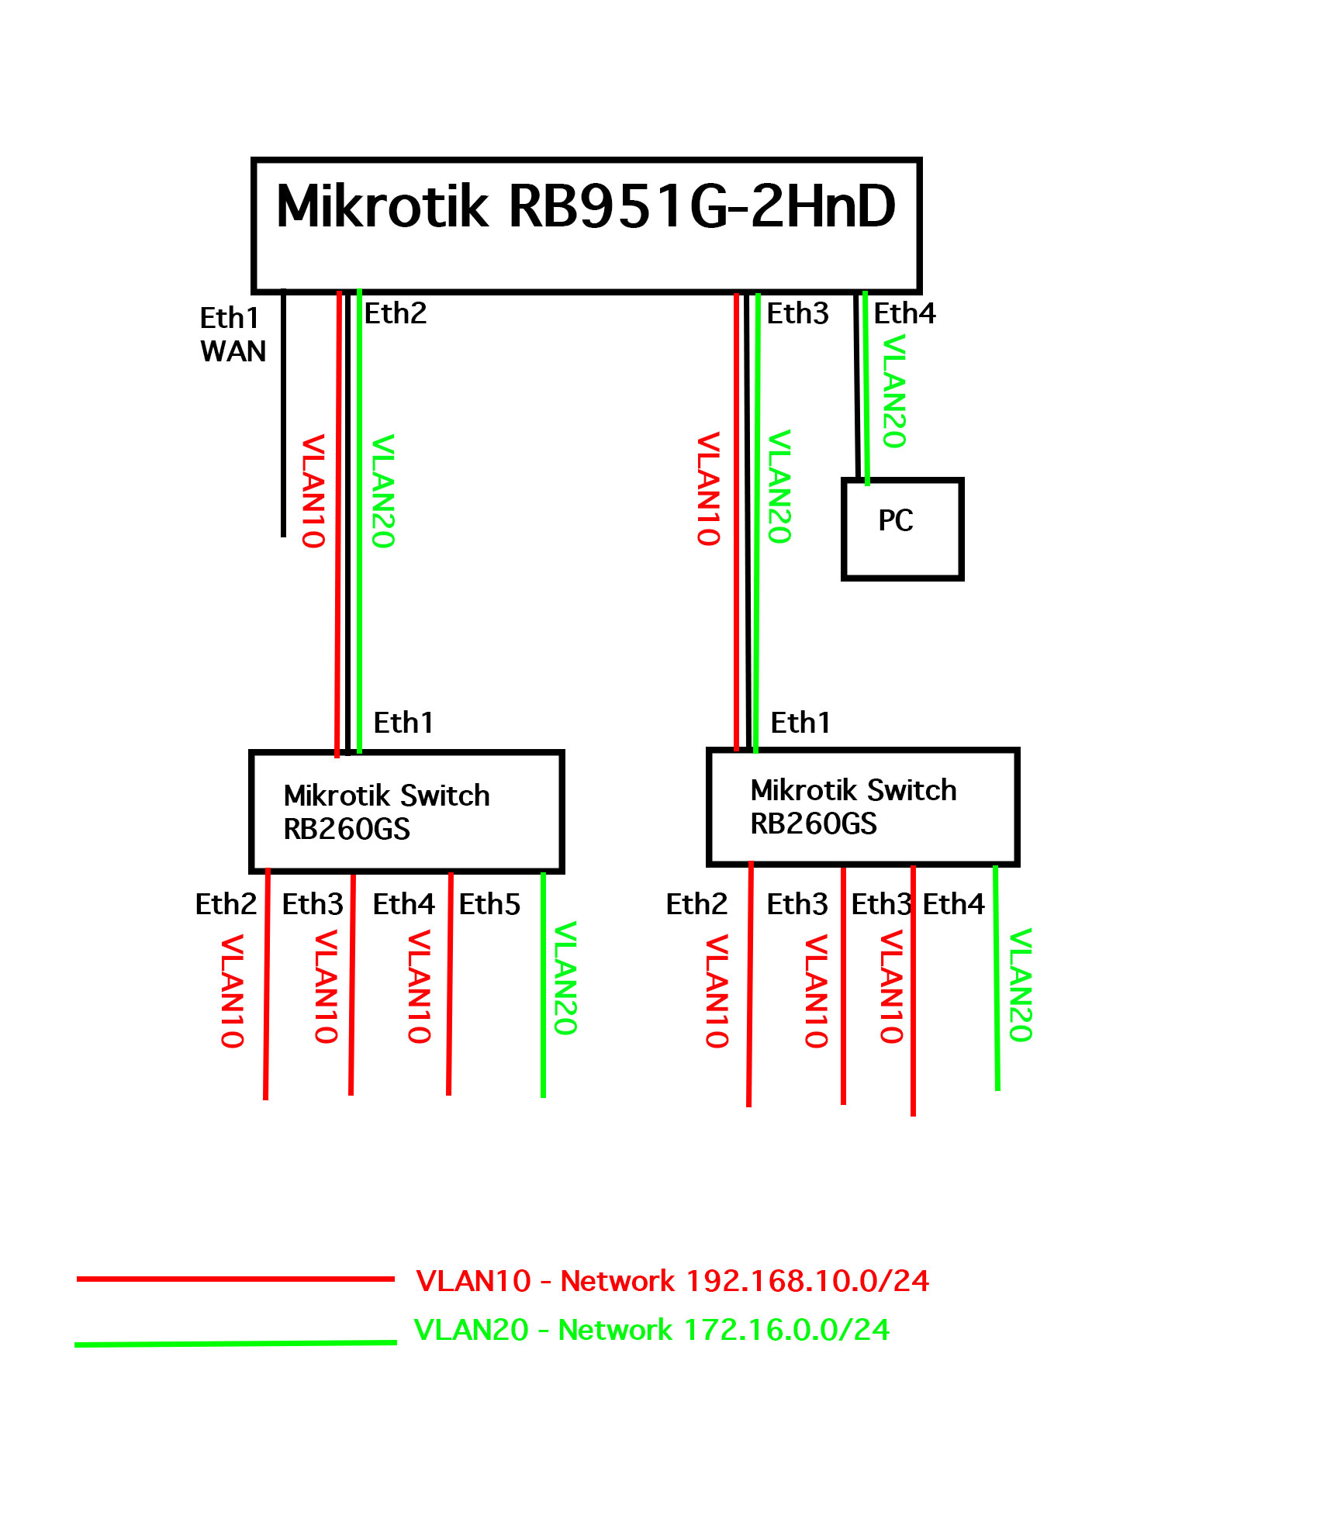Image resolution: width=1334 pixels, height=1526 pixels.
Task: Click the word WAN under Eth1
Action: point(233,351)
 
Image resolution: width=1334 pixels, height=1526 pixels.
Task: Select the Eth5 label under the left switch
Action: point(489,904)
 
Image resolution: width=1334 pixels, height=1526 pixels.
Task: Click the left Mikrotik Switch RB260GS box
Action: point(406,812)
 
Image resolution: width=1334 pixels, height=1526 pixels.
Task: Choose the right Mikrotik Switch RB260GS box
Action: point(862,806)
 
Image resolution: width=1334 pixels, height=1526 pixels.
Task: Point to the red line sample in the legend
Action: point(235,1279)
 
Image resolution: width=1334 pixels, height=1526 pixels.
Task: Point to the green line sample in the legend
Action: point(235,1343)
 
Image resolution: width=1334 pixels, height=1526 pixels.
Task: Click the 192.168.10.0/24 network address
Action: point(807,1281)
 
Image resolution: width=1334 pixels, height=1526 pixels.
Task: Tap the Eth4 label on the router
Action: point(904,313)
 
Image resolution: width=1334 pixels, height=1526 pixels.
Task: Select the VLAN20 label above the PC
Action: point(895,391)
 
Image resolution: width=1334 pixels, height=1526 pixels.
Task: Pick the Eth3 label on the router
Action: point(797,313)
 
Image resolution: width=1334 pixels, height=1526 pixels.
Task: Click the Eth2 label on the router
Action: point(396,313)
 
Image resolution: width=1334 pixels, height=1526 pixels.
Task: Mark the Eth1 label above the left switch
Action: point(403,723)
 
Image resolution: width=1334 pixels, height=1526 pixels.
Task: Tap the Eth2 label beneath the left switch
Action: point(226,904)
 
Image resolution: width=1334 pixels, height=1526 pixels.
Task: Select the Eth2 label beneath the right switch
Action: point(696,904)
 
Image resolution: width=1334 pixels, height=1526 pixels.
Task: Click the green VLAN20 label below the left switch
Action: point(565,978)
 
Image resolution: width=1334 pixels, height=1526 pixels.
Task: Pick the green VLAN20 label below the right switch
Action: point(1021,985)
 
